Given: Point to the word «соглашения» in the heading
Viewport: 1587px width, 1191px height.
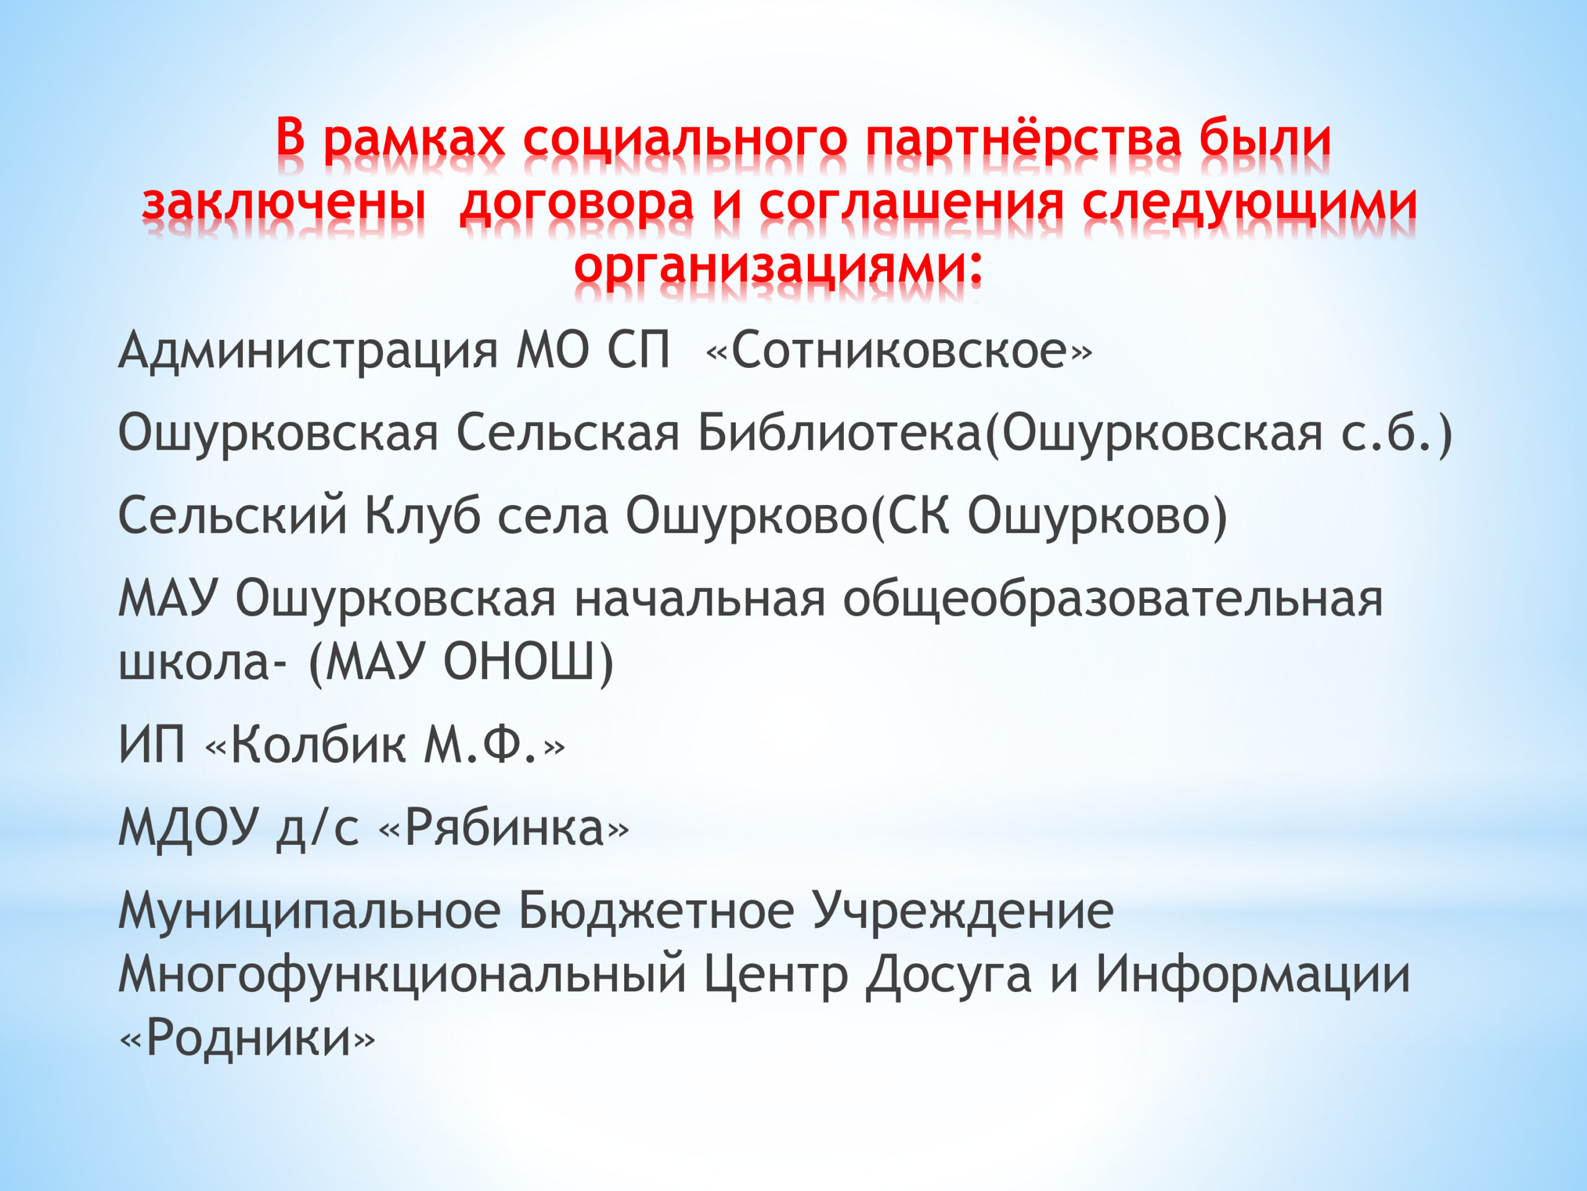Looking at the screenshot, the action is [911, 203].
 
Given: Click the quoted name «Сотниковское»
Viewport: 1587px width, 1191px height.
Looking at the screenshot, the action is [899, 351].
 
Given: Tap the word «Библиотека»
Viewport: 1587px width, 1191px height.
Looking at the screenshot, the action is [839, 434].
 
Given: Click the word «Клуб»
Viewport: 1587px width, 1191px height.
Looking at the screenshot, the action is [423, 517].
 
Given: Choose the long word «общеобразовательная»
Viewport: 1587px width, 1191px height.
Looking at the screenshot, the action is [1113, 599].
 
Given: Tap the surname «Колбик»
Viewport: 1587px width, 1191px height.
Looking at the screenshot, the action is [318, 745].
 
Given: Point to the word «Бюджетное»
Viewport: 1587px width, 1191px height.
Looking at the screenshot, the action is [656, 912].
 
